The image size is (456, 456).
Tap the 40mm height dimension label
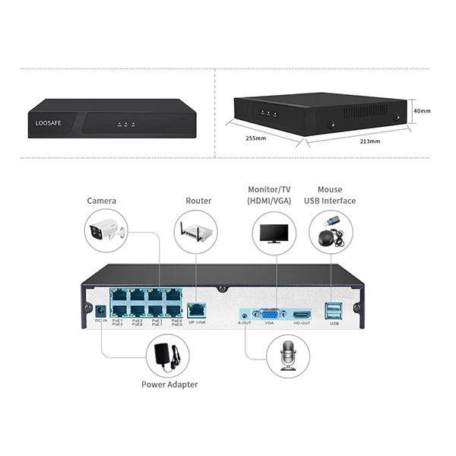(x=422, y=111)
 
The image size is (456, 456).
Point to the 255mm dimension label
(x=256, y=139)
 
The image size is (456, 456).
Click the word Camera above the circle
(x=102, y=201)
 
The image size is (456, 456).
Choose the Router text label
(x=198, y=201)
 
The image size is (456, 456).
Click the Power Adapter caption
(x=169, y=384)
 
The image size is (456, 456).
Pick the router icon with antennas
(x=195, y=232)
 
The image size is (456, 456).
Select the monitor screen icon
(x=274, y=232)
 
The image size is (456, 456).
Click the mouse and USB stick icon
(x=331, y=231)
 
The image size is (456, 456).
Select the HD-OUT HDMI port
(x=302, y=313)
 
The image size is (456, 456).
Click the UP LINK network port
(x=196, y=310)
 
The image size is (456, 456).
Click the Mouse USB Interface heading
(x=330, y=195)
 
